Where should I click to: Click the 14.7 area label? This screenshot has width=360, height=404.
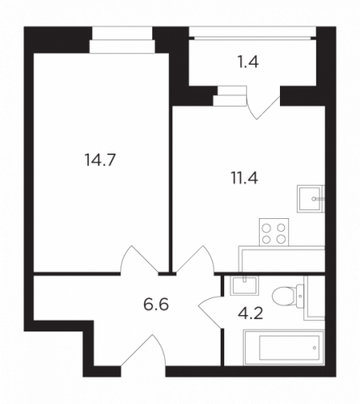pos(100,159)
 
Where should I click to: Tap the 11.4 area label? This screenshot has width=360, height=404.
pos(244,178)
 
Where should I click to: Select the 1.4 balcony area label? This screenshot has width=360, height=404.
pos(248,62)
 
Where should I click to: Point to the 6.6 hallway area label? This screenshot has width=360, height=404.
pos(156,305)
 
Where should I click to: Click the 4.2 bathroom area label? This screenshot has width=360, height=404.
pos(250,314)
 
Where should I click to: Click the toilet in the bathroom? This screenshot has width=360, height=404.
pos(288,296)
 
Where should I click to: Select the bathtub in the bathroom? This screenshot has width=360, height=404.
pos(284,347)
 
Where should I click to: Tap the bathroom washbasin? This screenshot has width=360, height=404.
pos(244,285)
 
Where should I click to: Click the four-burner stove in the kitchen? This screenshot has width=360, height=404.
pos(273,232)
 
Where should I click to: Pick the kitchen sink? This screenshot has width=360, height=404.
pos(311,199)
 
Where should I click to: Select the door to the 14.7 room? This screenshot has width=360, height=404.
pos(139,260)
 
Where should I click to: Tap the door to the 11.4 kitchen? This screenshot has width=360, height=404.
pos(195,260)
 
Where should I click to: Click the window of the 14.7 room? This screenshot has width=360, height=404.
pos(122,40)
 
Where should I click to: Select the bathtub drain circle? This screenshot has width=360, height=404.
pos(315,348)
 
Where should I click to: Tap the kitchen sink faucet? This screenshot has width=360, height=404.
pos(318,199)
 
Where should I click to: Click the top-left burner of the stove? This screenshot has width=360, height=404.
pos(267,229)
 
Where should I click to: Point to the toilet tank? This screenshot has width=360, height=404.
pos(300,296)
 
